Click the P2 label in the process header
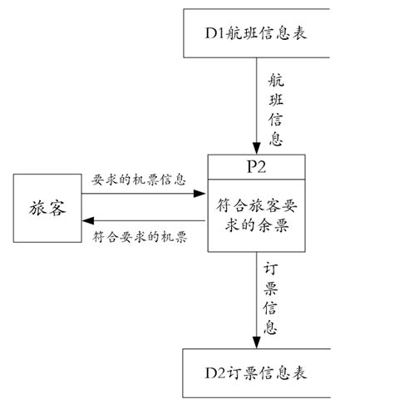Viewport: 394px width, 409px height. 256,165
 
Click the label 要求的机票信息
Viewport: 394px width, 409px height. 138,180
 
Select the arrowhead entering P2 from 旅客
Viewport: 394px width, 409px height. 200,194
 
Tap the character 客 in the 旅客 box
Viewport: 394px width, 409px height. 57,208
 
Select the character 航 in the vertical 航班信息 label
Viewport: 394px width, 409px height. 276,81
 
